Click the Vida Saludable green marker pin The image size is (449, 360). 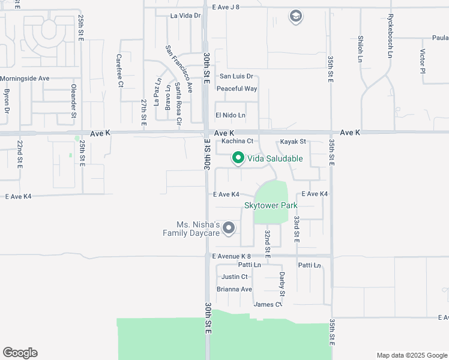(x=238, y=158)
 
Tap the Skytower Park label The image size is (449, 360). (x=271, y=205)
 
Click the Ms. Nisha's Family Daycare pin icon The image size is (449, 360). (x=229, y=228)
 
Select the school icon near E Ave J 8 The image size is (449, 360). (x=295, y=16)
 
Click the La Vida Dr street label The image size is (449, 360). (x=185, y=16)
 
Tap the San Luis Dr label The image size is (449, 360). (x=237, y=76)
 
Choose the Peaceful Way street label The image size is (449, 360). (x=237, y=89)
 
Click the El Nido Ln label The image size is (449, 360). (x=231, y=115)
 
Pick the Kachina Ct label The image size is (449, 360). (x=237, y=142)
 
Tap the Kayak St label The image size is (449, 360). (x=294, y=142)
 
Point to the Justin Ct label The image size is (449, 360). (x=235, y=277)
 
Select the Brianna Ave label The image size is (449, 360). (x=235, y=289)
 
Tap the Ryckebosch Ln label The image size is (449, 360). (x=390, y=36)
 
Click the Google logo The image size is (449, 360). (x=20, y=353)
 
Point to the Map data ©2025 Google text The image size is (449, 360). (x=411, y=355)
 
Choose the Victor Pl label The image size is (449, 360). (x=423, y=61)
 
